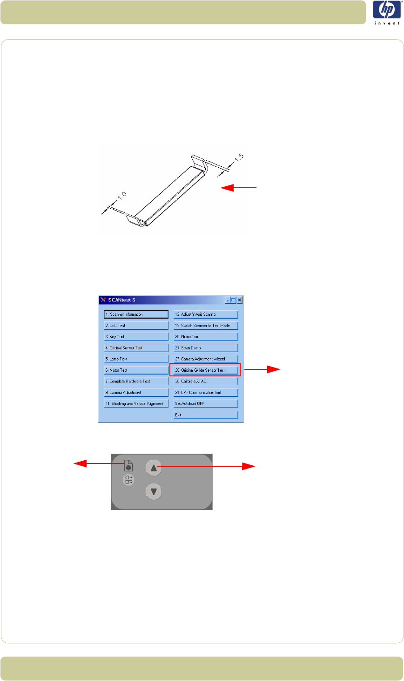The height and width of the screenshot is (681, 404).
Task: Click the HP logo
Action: click(x=386, y=13)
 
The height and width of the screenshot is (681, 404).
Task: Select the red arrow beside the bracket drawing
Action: click(x=238, y=188)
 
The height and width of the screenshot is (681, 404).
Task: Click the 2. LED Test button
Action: click(x=136, y=326)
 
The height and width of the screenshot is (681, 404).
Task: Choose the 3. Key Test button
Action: click(x=136, y=337)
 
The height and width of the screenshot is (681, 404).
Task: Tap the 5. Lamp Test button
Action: click(x=136, y=359)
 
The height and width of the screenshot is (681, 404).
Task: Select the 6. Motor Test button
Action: click(x=136, y=370)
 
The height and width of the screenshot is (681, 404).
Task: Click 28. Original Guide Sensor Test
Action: click(x=205, y=370)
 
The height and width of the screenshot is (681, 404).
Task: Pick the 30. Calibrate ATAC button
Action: click(x=205, y=381)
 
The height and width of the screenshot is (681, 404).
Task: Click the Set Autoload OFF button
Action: click(x=205, y=404)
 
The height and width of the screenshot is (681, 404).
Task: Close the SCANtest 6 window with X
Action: click(x=240, y=300)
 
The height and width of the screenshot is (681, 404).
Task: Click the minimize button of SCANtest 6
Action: click(x=228, y=300)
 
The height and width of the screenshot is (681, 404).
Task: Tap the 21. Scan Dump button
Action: click(x=205, y=348)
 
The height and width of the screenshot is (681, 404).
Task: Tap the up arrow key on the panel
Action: click(x=154, y=468)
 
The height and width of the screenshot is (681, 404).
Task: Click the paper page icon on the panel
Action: click(x=128, y=465)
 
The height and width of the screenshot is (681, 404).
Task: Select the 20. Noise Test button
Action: click(x=205, y=337)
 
